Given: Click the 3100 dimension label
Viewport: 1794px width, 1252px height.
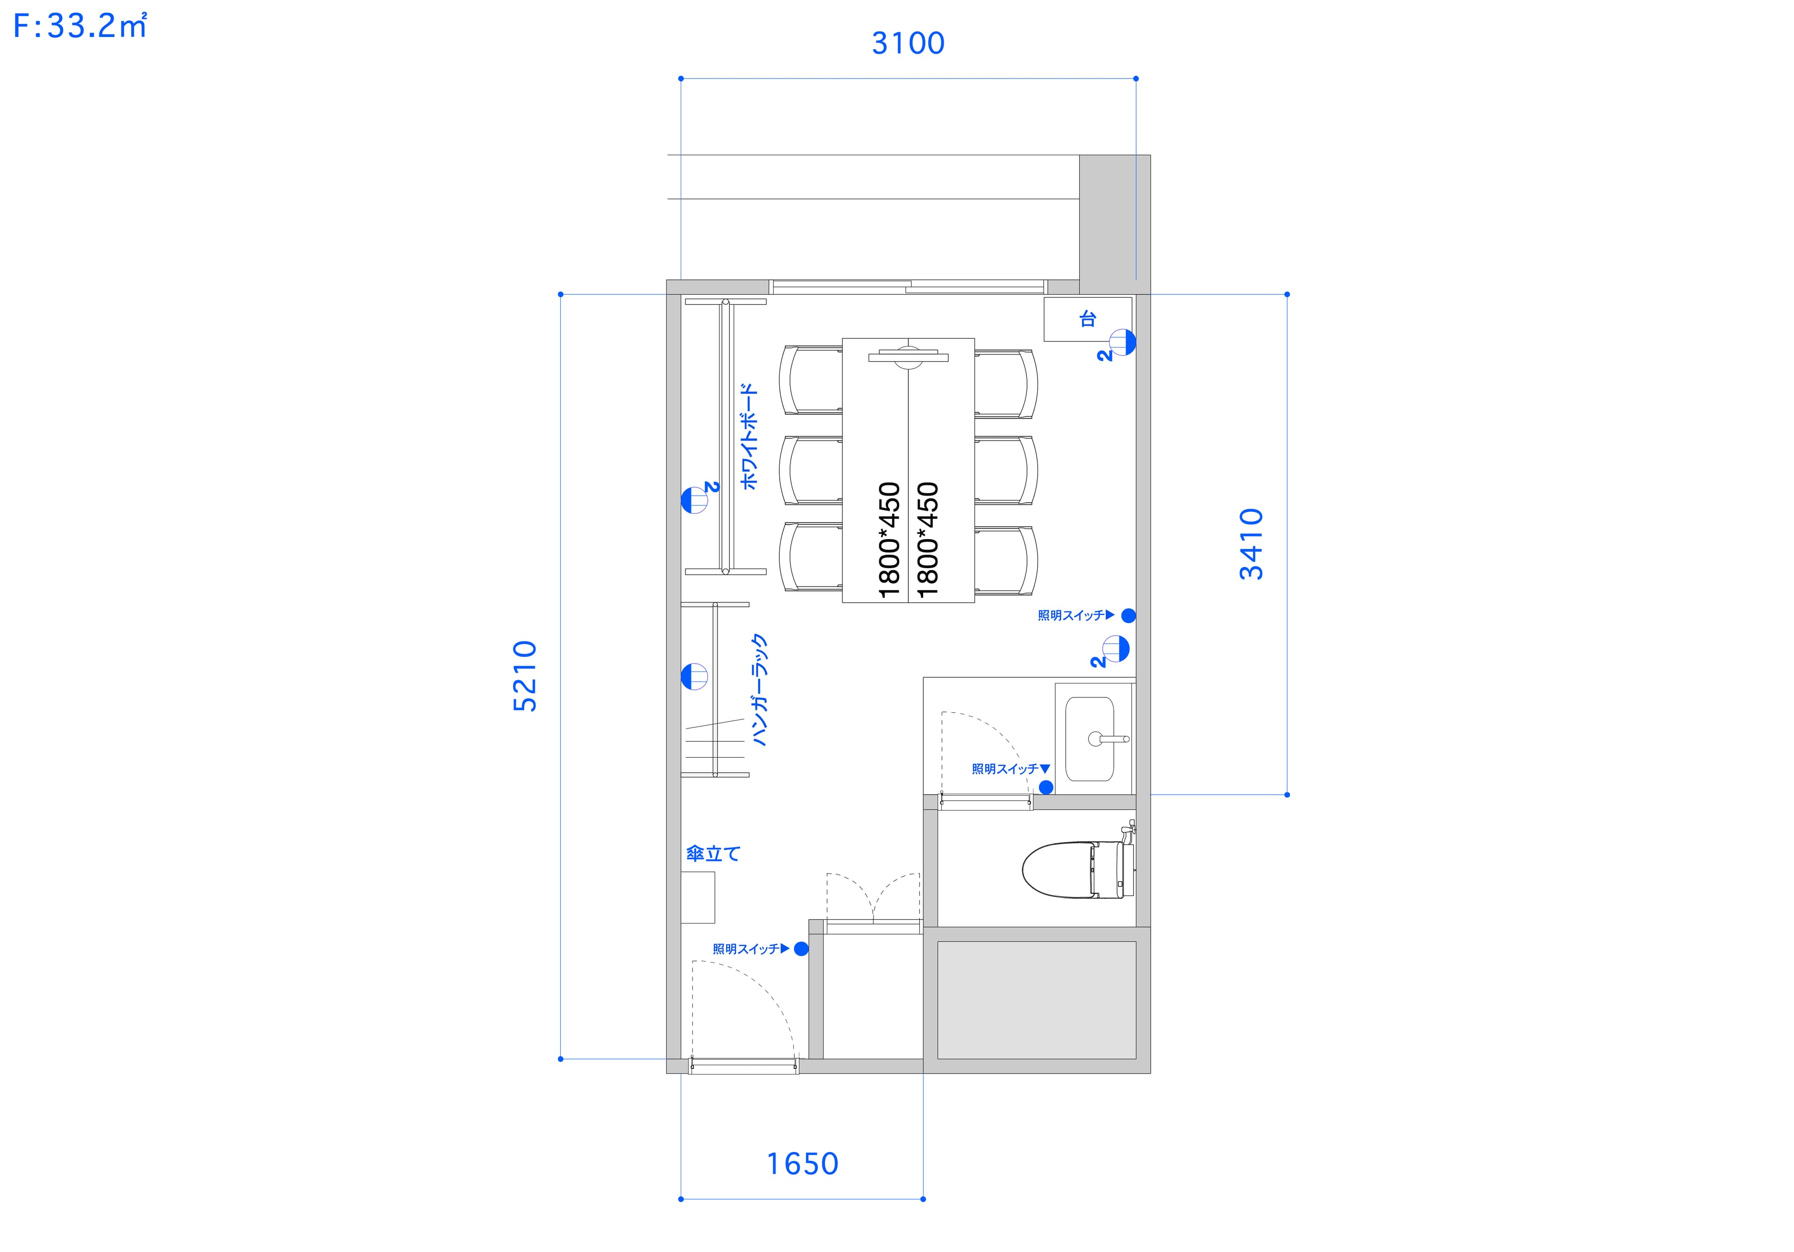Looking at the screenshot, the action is click(x=908, y=43).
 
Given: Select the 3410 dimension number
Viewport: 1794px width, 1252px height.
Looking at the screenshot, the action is click(x=1251, y=543).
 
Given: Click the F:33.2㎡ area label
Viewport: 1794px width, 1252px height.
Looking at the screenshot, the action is click(x=80, y=28).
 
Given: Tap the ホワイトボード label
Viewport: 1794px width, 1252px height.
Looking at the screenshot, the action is click(x=748, y=436).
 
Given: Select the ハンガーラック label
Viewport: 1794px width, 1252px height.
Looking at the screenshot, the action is click(x=759, y=690).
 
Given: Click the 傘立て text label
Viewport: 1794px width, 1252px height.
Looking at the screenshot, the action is click(x=712, y=854).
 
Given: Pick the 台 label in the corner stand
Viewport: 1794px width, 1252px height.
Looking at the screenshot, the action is click(x=1088, y=319).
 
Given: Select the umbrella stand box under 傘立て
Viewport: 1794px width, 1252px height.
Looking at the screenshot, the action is click(x=698, y=897).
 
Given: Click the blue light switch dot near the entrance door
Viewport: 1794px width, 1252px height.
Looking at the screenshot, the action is click(x=801, y=949).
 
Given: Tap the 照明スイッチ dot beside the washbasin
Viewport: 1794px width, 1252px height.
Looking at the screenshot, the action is click(x=1046, y=787).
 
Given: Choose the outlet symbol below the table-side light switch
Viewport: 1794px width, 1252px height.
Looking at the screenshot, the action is click(x=1117, y=649).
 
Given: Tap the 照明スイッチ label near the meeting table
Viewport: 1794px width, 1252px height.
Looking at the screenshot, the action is click(x=1071, y=616).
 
